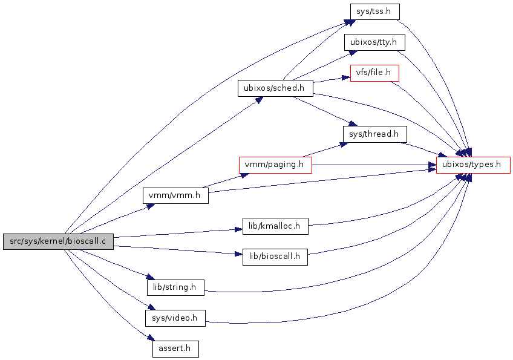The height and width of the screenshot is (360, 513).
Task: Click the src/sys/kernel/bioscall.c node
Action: point(58,241)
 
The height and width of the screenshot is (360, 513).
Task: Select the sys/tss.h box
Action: point(375,11)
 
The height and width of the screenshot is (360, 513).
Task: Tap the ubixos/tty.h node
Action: point(374,43)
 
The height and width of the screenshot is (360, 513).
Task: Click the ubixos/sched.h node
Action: point(275,88)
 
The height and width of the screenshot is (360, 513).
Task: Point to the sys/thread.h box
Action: point(374,134)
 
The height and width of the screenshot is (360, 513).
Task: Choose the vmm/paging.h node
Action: point(275,165)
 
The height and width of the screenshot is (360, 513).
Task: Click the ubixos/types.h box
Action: point(473,165)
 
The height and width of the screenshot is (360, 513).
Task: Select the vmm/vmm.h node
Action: point(175,196)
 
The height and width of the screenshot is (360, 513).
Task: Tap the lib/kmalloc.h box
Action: point(275,226)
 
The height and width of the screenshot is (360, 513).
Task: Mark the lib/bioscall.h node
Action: point(275,257)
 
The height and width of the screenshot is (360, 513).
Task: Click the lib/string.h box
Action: point(175,287)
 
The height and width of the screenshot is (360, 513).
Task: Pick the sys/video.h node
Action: point(175,318)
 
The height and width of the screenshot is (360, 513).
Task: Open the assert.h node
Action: point(175,349)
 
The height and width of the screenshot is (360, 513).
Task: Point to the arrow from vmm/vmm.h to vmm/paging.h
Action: point(224,180)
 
